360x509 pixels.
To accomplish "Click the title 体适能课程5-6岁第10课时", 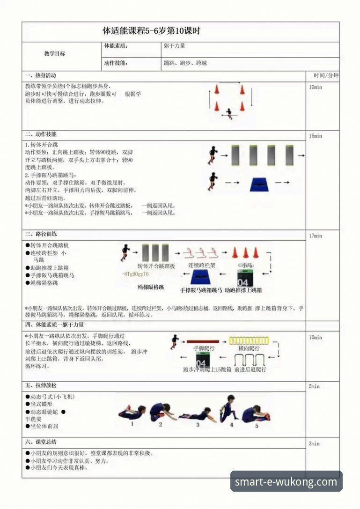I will [151, 31].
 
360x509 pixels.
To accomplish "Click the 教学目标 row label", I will [55, 54].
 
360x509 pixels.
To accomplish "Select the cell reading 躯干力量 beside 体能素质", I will [175, 46].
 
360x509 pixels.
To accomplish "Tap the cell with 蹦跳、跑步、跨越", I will [185, 63].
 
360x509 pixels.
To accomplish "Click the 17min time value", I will [316, 236].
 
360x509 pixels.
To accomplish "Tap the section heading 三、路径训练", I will [41, 234].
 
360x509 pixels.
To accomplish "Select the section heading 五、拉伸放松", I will [41, 386].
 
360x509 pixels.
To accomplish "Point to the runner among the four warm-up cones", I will [229, 113].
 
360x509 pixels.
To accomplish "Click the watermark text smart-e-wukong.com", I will [286, 482].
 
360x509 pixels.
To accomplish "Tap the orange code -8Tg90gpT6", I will [135, 274].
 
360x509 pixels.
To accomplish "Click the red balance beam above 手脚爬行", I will [203, 341].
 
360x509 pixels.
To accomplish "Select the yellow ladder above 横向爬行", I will [249, 340].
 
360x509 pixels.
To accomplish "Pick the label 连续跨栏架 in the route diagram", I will [202, 265].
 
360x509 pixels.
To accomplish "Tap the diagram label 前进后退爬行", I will [250, 369].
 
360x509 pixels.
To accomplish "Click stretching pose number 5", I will [256, 414].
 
